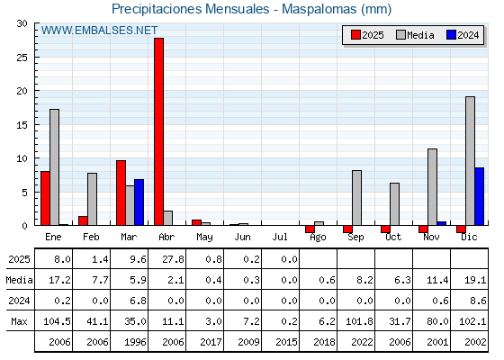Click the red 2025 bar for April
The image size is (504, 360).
(158, 131)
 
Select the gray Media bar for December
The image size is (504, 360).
(470, 161)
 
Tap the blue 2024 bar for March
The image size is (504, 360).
(139, 202)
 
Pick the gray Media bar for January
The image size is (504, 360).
(54, 167)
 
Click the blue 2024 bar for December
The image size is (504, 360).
(479, 196)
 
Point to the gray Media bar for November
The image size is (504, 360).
(432, 187)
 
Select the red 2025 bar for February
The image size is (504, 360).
(83, 220)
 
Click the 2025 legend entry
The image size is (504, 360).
(367, 35)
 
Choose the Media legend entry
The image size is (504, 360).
(415, 35)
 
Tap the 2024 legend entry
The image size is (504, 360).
(463, 35)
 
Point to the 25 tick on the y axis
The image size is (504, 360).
(22, 58)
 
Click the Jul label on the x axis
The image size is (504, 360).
(280, 237)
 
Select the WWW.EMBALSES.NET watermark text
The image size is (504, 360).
(99, 31)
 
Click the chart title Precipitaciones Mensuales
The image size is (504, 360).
(190, 9)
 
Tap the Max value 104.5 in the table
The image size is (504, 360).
(57, 321)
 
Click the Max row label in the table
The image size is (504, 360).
(19, 321)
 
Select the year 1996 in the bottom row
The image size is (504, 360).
(135, 342)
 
